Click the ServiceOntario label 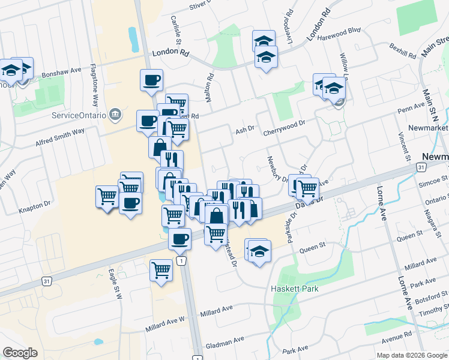tap(79, 115)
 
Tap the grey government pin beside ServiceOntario tap(116, 114)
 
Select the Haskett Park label tap(294, 289)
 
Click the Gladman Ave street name tap(225, 340)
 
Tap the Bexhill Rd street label tap(402, 50)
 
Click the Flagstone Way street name tap(94, 83)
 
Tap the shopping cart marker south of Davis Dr tap(161, 270)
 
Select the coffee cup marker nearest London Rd tap(151, 80)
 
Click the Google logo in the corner tap(20, 353)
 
